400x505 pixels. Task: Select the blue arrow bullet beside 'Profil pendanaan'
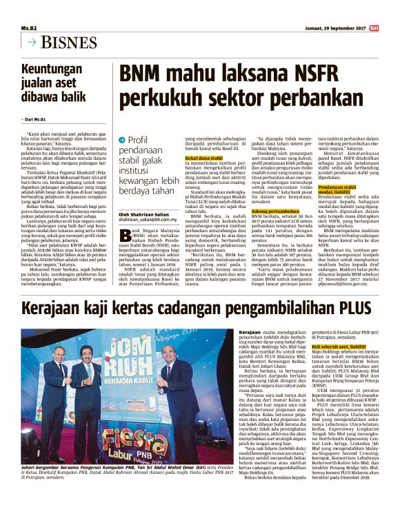click(x=122, y=140)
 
